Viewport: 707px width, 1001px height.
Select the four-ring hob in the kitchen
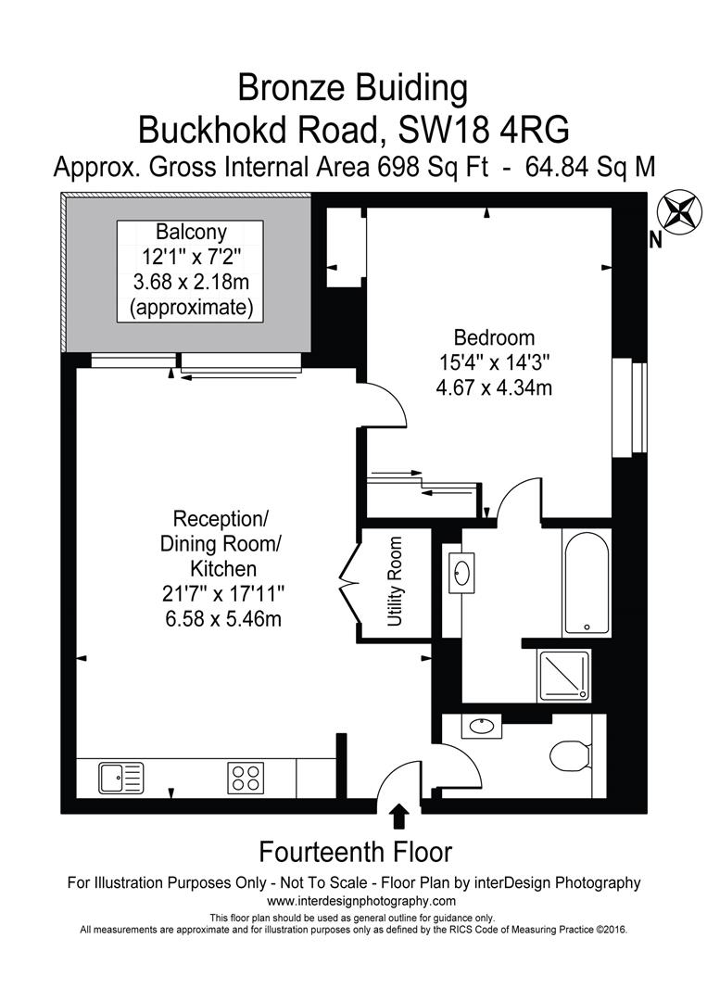pos(246,777)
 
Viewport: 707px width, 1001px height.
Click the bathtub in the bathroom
pos(586,582)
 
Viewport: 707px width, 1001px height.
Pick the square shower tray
pos(564,673)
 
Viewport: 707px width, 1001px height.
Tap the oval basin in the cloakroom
pos(481,727)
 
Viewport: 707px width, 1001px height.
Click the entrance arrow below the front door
pos(399,816)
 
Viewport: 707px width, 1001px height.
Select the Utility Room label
pos(396,582)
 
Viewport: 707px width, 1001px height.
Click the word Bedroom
pos(493,337)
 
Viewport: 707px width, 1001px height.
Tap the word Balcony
pos(190,232)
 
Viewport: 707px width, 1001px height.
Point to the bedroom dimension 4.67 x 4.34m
pos(493,388)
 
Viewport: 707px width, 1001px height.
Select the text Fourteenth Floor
pos(355,850)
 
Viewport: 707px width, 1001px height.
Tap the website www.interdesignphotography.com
pos(361,901)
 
